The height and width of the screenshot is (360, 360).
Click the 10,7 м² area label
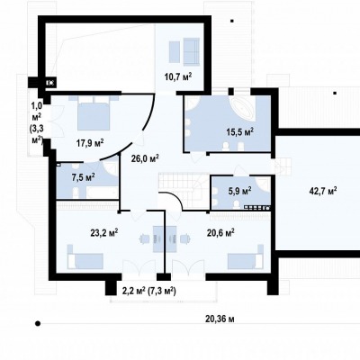pos(178,77)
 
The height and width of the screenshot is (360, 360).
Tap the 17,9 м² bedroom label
pos(90,143)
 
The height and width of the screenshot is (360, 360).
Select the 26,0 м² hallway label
pos(145,158)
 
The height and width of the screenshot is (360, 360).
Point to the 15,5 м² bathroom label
pos(240,132)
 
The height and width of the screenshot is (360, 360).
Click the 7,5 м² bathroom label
pos(83,177)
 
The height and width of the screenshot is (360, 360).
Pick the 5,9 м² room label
pos(239,191)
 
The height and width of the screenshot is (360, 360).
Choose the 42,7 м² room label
pos(323,191)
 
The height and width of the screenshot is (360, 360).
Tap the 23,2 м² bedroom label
pos(104,232)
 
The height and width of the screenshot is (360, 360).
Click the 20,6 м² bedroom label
pos(220,232)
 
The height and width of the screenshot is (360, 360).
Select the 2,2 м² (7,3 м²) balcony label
pos(149,291)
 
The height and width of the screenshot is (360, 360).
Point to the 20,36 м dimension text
pos(220,319)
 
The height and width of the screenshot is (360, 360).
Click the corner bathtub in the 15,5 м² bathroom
pos(244,108)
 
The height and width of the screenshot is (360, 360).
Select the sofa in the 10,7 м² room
pos(192,51)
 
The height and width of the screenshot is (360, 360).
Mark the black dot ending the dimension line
pos(38,323)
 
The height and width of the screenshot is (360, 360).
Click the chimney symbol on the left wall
pos(50,83)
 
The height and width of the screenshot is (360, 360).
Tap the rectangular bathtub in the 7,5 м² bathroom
pos(102,193)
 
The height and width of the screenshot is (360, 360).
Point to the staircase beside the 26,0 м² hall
pos(183,189)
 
